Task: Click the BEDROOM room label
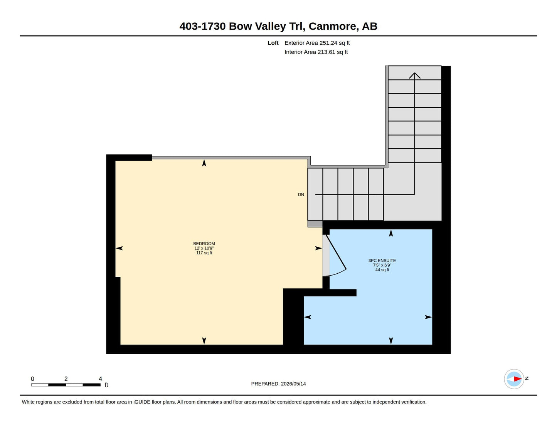(204, 244)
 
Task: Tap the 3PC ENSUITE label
(382, 261)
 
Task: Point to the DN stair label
(301, 194)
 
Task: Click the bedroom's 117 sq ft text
(204, 253)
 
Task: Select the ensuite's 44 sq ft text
(382, 270)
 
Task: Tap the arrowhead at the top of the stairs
(414, 75)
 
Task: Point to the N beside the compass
(527, 378)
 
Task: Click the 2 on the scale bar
(66, 379)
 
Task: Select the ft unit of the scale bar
(106, 385)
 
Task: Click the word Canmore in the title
(332, 26)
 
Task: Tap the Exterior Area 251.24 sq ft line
(317, 43)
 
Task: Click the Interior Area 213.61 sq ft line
(316, 52)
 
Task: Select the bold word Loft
(273, 43)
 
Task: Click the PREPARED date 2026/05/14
(293, 384)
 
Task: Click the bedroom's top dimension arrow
(204, 163)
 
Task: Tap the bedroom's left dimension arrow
(119, 248)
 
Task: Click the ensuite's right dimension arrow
(428, 317)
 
